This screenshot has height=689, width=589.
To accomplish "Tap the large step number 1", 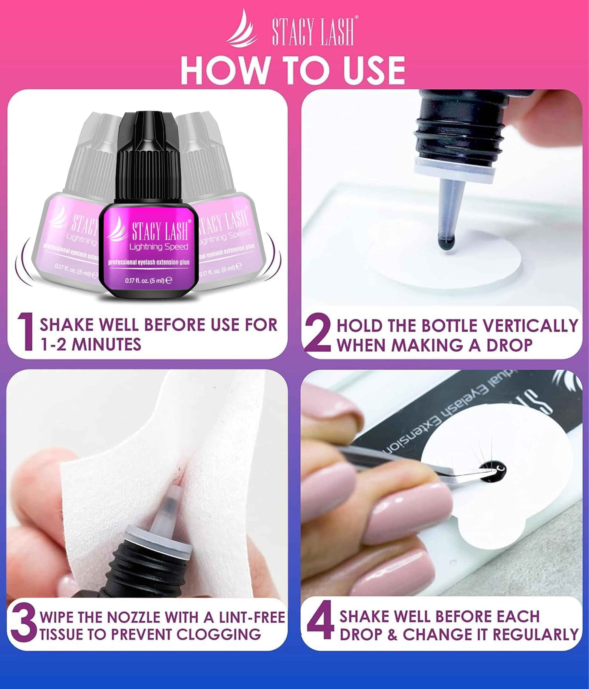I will click(x=26, y=333).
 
